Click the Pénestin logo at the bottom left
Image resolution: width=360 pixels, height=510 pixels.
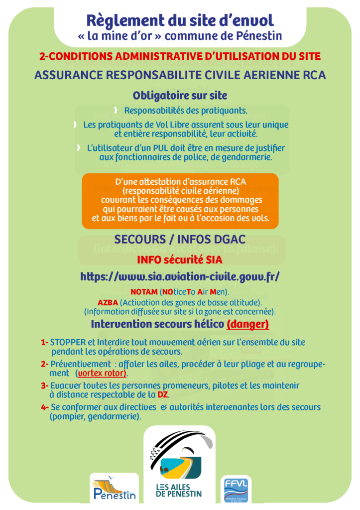click(x=115, y=489)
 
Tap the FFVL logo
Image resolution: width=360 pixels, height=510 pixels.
click(x=236, y=489)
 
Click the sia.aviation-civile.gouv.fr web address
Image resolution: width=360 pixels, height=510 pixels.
click(x=180, y=276)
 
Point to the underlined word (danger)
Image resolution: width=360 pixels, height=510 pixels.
click(x=247, y=324)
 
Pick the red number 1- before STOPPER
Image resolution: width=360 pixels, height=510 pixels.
click(x=44, y=343)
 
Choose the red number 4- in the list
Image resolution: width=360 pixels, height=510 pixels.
click(x=44, y=407)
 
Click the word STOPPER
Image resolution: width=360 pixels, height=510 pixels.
click(x=68, y=343)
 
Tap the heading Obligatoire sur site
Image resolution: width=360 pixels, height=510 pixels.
click(x=180, y=95)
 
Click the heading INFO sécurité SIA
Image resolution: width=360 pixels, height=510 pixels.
click(x=180, y=259)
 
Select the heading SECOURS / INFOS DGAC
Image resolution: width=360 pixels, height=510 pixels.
click(x=180, y=240)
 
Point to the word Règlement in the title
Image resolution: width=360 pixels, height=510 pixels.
click(x=118, y=20)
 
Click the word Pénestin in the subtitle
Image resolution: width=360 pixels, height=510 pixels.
click(x=260, y=36)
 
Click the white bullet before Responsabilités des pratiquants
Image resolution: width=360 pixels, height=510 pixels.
click(x=115, y=110)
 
